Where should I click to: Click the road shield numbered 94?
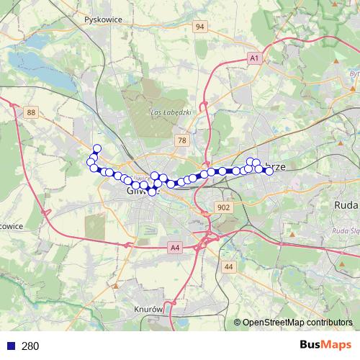[200, 27]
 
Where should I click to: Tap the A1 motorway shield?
[253, 57]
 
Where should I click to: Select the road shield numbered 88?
[30, 112]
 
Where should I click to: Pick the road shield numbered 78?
[182, 140]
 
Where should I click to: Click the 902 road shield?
[223, 207]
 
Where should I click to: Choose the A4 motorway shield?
[174, 248]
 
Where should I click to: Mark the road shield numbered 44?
[229, 266]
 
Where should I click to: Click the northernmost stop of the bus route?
[97, 148]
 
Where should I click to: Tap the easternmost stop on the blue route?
[269, 171]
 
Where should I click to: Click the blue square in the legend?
[10, 346]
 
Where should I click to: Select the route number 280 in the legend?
[30, 346]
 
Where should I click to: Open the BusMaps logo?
[325, 345]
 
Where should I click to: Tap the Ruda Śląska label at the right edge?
[346, 230]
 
